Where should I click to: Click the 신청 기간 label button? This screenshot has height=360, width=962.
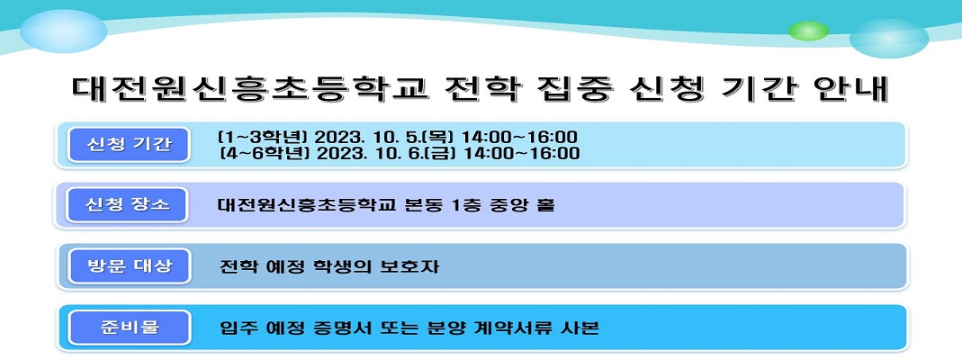[x=129, y=145]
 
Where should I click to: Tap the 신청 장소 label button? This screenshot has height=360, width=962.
[x=127, y=204]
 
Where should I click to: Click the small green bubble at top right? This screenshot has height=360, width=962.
[x=808, y=31]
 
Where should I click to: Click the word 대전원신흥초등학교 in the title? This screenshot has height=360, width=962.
[x=249, y=89]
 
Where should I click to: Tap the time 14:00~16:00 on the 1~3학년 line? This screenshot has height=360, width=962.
[x=519, y=136]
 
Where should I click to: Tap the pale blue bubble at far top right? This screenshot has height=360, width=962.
[x=889, y=38]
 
